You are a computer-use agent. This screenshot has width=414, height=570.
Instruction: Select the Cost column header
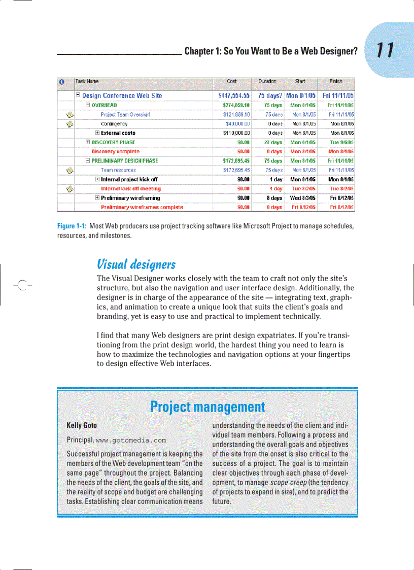coord(231,81)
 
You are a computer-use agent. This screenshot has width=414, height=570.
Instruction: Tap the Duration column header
coord(267,81)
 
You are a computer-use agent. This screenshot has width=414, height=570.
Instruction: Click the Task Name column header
coord(87,81)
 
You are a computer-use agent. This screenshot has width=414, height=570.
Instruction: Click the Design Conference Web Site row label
coord(122,95)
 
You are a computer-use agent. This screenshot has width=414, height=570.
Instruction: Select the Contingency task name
coord(114,124)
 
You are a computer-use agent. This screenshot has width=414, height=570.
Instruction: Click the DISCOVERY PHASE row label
coord(113,142)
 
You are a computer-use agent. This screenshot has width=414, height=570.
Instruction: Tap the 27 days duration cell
coord(273,142)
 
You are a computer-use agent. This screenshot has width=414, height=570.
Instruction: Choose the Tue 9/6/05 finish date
coord(341,142)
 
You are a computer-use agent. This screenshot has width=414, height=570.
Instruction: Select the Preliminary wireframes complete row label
coord(142,207)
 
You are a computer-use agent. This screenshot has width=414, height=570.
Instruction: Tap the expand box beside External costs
coord(97,133)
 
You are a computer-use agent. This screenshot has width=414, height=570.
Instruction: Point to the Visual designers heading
coord(136,264)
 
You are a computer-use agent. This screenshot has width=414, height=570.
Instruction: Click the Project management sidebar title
coord(207,407)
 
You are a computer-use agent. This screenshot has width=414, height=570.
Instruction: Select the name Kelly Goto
coord(82,425)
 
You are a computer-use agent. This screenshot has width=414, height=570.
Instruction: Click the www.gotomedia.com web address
coord(130,440)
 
